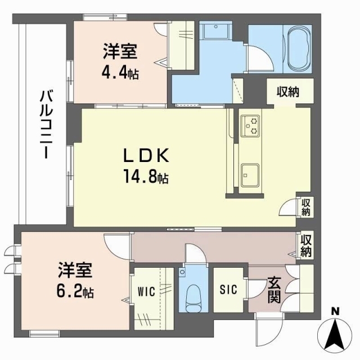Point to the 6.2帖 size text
75,292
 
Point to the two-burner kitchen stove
249,125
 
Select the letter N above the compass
336,311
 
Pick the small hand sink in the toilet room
182,273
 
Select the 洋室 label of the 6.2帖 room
75,272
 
